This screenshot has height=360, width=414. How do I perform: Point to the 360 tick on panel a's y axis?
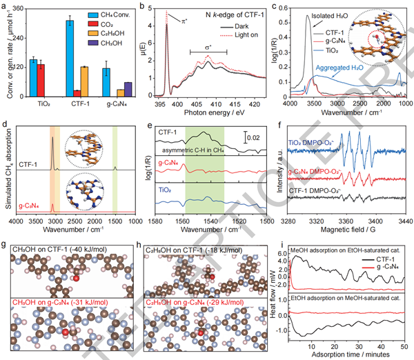tap(17, 9)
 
